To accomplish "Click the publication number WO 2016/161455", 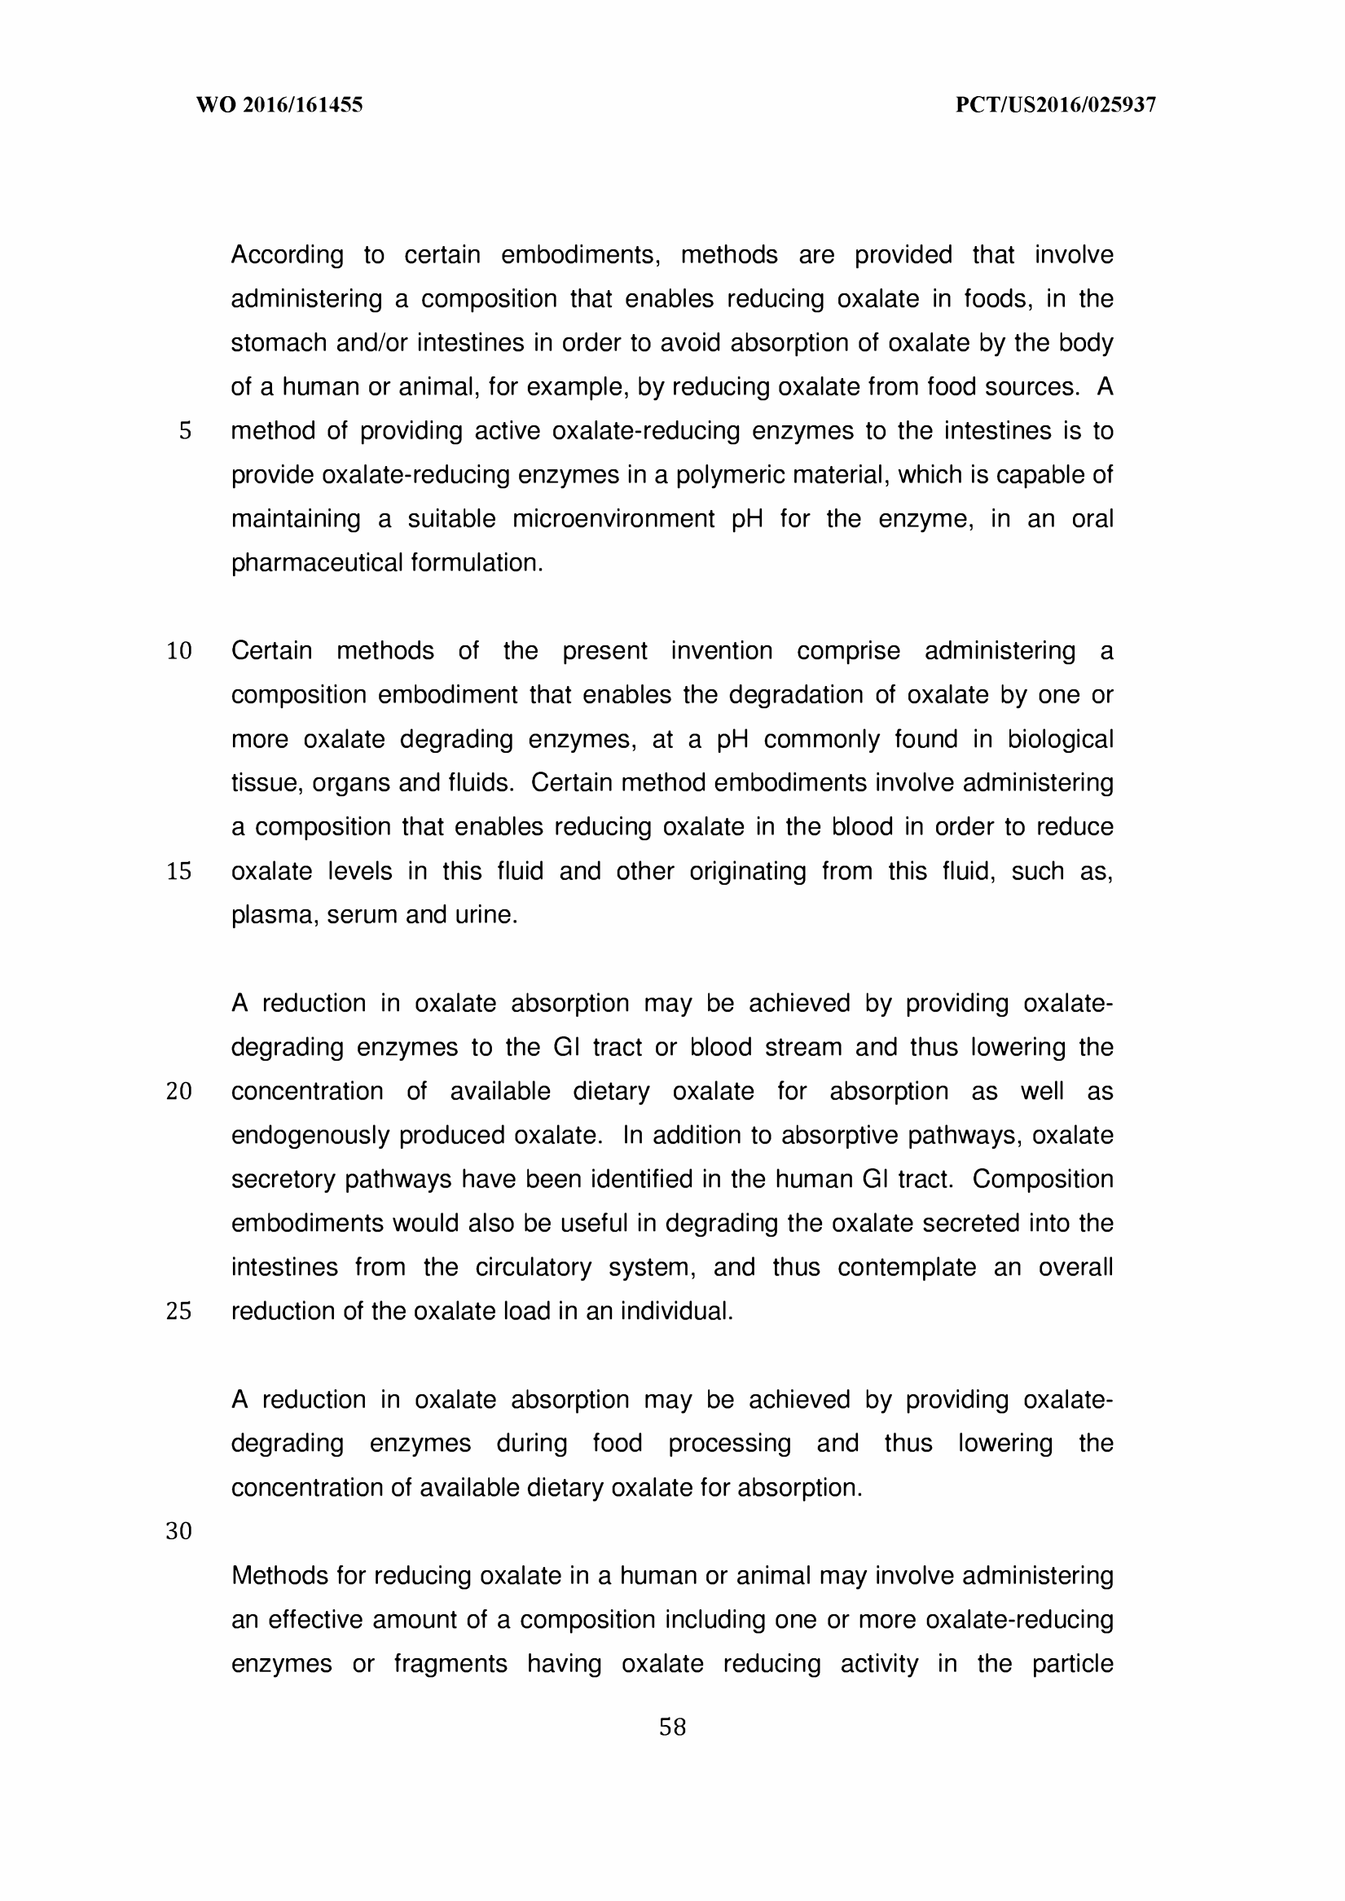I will point(279,105).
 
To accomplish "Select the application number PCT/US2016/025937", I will point(1055,105).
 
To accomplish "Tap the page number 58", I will point(673,1727).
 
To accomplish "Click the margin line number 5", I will point(185,431).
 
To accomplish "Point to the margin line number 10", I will point(179,651).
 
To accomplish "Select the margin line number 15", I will point(179,871).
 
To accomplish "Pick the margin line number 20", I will point(179,1091).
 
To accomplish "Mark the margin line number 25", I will point(179,1311).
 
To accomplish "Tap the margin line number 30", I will point(179,1531).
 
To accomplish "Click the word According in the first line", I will point(287,255).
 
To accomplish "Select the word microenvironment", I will point(612,519).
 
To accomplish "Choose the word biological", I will point(1060,739).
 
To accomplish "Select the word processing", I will point(730,1443).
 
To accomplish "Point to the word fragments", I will point(450,1663).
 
